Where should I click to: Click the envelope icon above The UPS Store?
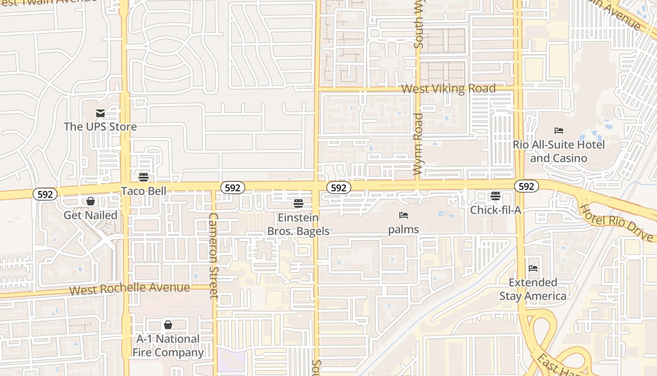[x=100, y=113]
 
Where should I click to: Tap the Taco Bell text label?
[x=144, y=191]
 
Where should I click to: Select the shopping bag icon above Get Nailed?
[x=90, y=202]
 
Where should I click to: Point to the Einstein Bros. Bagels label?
[x=298, y=224]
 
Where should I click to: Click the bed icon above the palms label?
[x=404, y=216]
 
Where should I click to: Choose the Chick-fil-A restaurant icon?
[x=496, y=196]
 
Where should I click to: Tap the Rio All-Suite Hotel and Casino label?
[x=558, y=151]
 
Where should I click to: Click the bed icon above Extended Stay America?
[x=533, y=268]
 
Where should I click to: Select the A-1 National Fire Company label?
[x=168, y=345]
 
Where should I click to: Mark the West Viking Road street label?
[x=448, y=89]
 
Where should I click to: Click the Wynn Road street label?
[x=418, y=144]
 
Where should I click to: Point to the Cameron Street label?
[x=214, y=256]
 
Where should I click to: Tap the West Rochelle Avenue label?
[x=130, y=288]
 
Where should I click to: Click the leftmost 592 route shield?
[x=45, y=194]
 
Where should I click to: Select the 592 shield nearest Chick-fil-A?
[x=526, y=187]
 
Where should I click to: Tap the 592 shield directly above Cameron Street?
[x=232, y=188]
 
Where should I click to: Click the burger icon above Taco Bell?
[x=144, y=177]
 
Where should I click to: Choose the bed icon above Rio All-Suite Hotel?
[x=558, y=131]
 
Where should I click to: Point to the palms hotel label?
[x=404, y=230]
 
